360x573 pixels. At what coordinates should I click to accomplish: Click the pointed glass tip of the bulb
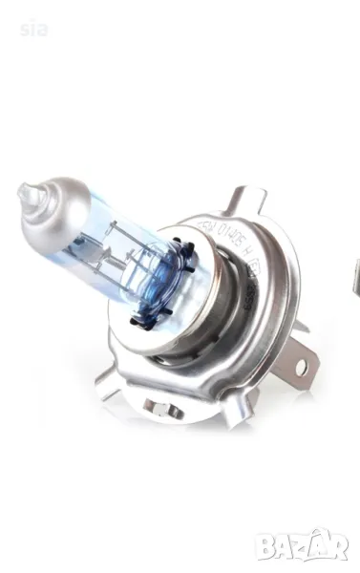click(x=23, y=194)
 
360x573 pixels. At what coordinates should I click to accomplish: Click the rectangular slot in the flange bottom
click(x=162, y=407)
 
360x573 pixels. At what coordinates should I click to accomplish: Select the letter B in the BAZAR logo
click(x=271, y=546)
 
